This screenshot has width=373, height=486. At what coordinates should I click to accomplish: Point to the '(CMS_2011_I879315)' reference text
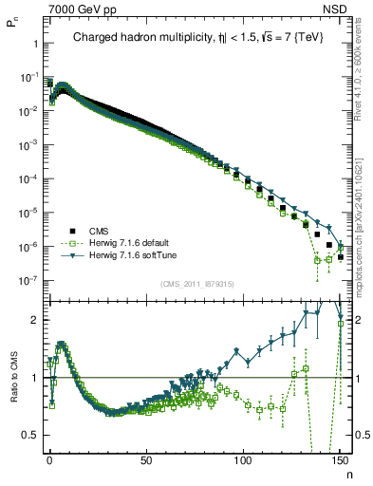tap(196, 284)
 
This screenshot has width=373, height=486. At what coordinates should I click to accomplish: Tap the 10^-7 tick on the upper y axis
tap(28, 281)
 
